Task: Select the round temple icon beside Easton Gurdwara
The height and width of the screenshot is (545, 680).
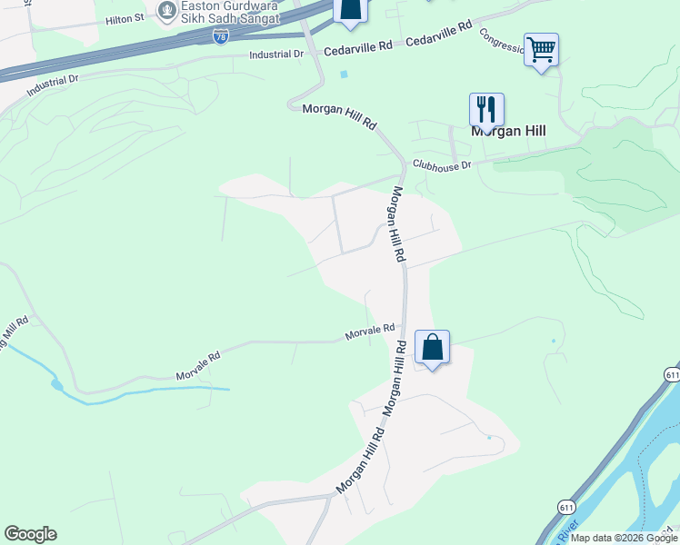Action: pos(165,12)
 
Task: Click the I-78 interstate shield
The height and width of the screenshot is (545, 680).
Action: pos(221,35)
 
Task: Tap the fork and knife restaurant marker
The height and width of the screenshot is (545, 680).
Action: pos(486,110)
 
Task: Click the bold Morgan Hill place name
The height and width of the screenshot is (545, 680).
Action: pos(508,131)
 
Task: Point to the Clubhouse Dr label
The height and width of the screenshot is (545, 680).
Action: pos(442,165)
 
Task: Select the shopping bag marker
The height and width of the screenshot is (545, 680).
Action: pos(432,347)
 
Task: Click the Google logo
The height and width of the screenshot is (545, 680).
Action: pos(30,534)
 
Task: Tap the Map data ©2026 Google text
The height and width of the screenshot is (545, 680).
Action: pos(624,538)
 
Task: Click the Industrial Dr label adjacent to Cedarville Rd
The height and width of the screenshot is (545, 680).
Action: pos(277,54)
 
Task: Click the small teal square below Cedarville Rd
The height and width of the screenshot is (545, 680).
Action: pos(343,74)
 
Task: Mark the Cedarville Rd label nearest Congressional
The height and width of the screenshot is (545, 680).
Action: pos(439,35)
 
